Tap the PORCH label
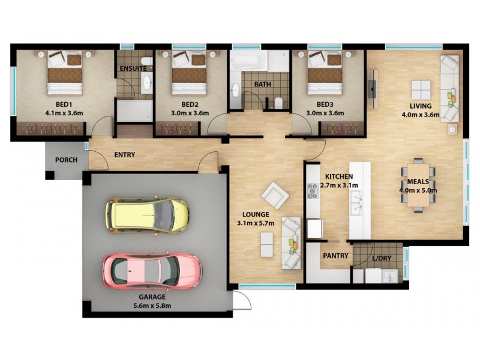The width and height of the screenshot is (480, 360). tap(65, 160)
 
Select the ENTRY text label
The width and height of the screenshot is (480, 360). tap(124, 155)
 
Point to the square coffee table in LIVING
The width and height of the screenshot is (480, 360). tap(420, 90)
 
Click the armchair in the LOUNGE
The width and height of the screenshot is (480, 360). tap(275, 194)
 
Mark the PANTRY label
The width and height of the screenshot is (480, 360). tap(335, 256)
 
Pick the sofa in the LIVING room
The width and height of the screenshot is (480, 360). tap(449, 88)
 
